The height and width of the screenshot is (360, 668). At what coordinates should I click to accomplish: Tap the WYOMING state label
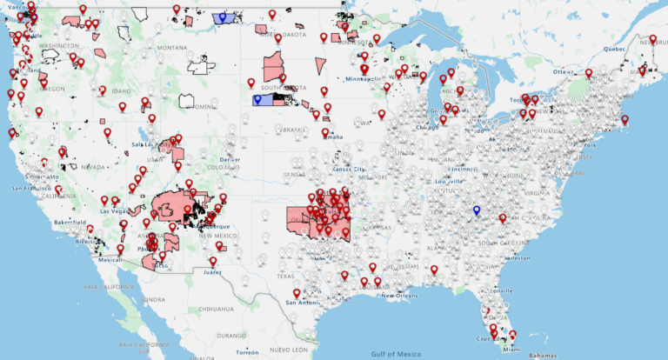pyautogui.click(x=203, y=106)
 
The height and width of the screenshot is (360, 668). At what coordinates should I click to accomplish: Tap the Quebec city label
pyautogui.click(x=615, y=50)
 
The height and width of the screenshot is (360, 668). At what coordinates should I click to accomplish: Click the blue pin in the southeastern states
pyautogui.click(x=477, y=211)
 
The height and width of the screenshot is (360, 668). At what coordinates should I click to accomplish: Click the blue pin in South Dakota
pyautogui.click(x=257, y=100)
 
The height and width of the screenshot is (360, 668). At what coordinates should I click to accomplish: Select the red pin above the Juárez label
pyautogui.click(x=213, y=261)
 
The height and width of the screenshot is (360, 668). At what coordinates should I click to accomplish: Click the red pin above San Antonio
pyautogui.click(x=297, y=292)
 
